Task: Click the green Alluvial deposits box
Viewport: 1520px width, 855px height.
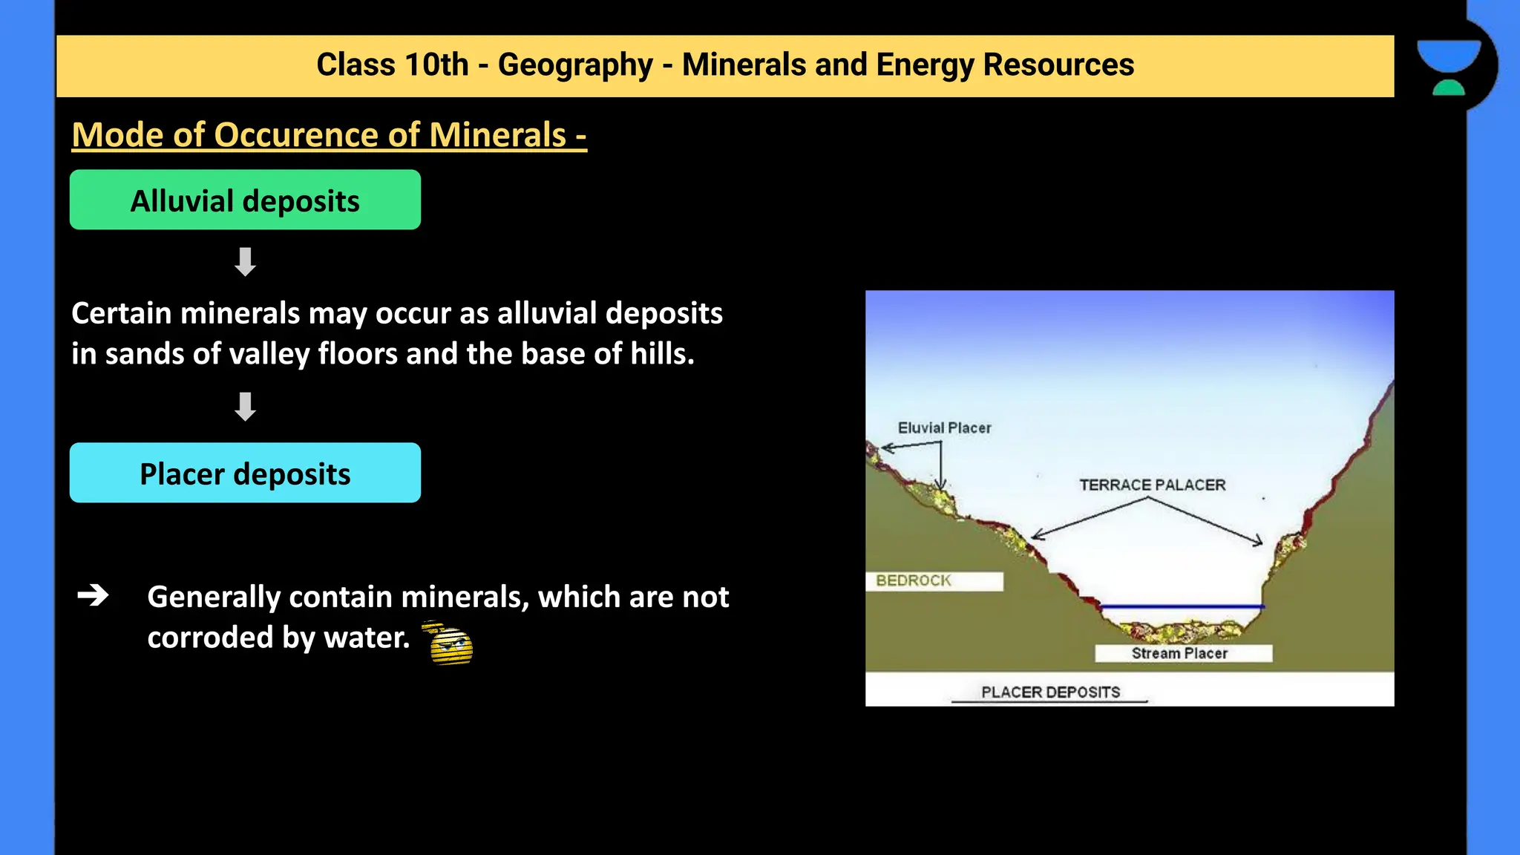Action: coord(245,200)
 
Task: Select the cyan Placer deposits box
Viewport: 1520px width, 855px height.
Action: coord(245,473)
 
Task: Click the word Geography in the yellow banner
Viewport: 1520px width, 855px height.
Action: coord(575,65)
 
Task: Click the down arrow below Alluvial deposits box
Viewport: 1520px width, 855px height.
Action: coord(245,261)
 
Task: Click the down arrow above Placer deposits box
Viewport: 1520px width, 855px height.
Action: coord(245,406)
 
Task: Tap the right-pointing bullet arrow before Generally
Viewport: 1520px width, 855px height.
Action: coord(94,595)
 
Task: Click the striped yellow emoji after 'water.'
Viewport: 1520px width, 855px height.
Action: coord(450,643)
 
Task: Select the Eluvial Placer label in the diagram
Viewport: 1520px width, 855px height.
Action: coord(944,427)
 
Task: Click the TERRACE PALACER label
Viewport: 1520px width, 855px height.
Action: coord(1152,485)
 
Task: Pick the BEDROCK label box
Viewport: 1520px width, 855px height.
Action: coord(934,580)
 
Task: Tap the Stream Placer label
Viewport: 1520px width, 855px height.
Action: coord(1180,653)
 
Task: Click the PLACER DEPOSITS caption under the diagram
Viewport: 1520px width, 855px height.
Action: coord(1050,692)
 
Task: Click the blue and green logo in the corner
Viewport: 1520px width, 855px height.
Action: coord(1448,67)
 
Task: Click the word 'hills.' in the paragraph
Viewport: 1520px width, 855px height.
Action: coord(662,353)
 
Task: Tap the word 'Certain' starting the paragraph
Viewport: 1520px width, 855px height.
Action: coord(122,313)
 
